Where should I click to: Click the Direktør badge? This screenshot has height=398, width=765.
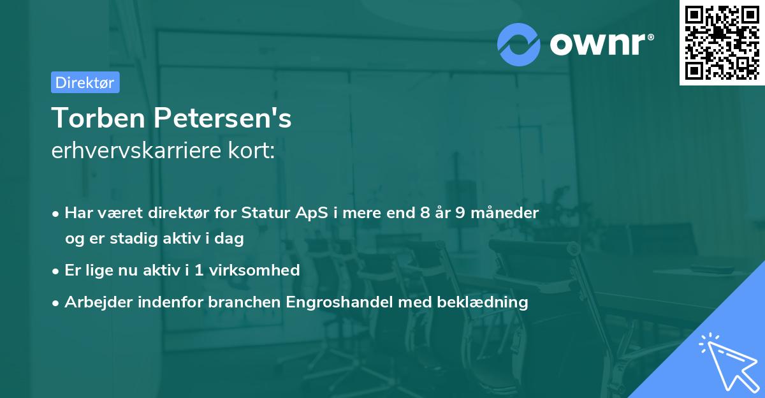pyautogui.click(x=85, y=82)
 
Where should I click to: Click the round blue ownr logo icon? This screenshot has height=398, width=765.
pyautogui.click(x=519, y=43)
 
